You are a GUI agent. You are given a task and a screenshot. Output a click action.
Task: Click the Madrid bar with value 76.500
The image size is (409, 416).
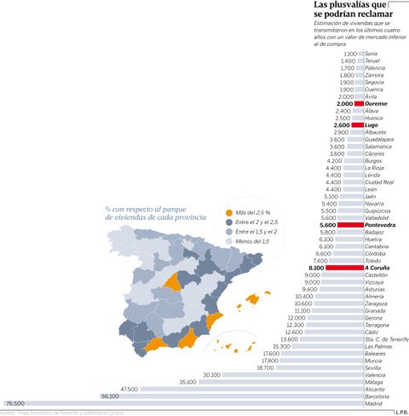point(196,402)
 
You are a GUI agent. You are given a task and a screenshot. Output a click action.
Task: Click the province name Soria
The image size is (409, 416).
point(371,54)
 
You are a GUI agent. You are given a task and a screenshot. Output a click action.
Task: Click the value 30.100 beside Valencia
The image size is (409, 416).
point(212,374)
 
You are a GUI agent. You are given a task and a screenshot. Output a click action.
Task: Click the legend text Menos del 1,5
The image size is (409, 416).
point(257,242)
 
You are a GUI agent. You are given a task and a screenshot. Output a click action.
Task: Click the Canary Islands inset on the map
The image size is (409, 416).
point(229,346)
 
